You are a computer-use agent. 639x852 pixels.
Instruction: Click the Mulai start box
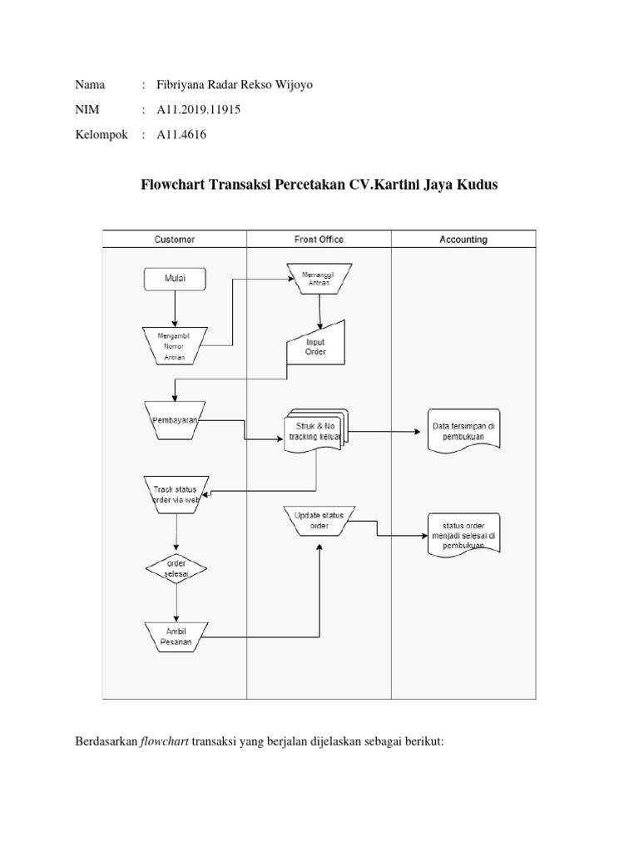tap(175, 280)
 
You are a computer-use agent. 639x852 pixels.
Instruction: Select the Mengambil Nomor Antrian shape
tap(175, 345)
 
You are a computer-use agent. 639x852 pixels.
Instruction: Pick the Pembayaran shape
tap(175, 420)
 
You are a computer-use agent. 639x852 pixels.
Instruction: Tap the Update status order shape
tap(319, 521)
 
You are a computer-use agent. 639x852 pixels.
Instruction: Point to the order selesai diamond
tap(175, 569)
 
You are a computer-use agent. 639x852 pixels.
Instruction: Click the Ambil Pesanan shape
tap(175, 637)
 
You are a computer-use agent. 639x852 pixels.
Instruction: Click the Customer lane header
tap(175, 240)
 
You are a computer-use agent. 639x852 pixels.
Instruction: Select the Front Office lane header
tap(319, 240)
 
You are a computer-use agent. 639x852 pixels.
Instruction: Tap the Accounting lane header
tap(463, 240)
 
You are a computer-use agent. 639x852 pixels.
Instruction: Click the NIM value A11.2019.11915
tap(192, 109)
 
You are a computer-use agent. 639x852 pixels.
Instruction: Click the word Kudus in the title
tap(478, 185)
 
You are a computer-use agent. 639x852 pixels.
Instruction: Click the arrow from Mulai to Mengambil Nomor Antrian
tap(175, 308)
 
